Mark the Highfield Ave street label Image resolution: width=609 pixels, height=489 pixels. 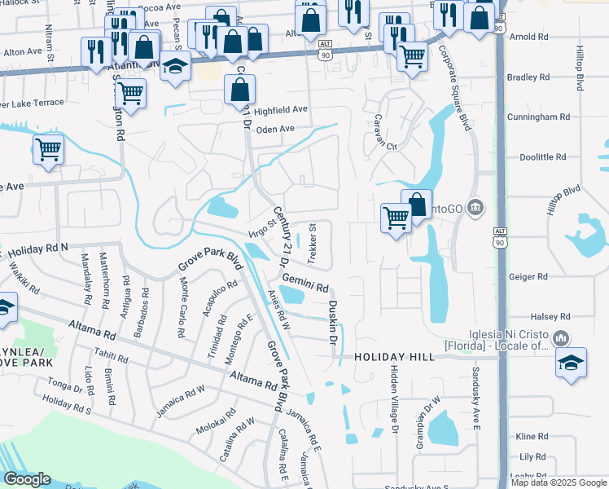click(x=281, y=110)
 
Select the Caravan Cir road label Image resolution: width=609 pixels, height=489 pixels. click(x=380, y=147)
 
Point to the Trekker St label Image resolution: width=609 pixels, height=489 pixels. click(x=312, y=243)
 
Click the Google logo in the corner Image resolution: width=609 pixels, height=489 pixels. click(x=27, y=479)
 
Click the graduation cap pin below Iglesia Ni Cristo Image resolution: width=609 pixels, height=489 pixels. click(x=572, y=363)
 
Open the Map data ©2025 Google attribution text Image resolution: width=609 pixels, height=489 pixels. click(x=559, y=482)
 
